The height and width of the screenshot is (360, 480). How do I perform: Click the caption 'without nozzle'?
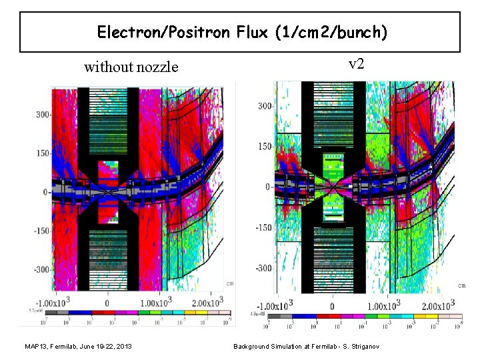[x=131, y=67]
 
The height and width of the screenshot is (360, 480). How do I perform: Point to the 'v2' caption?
[x=357, y=64]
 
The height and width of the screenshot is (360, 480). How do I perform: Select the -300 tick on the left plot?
[x=42, y=270]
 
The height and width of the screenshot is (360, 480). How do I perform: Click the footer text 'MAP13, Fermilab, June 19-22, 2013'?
[x=77, y=347]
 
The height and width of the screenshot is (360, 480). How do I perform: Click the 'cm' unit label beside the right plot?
[x=461, y=285]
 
